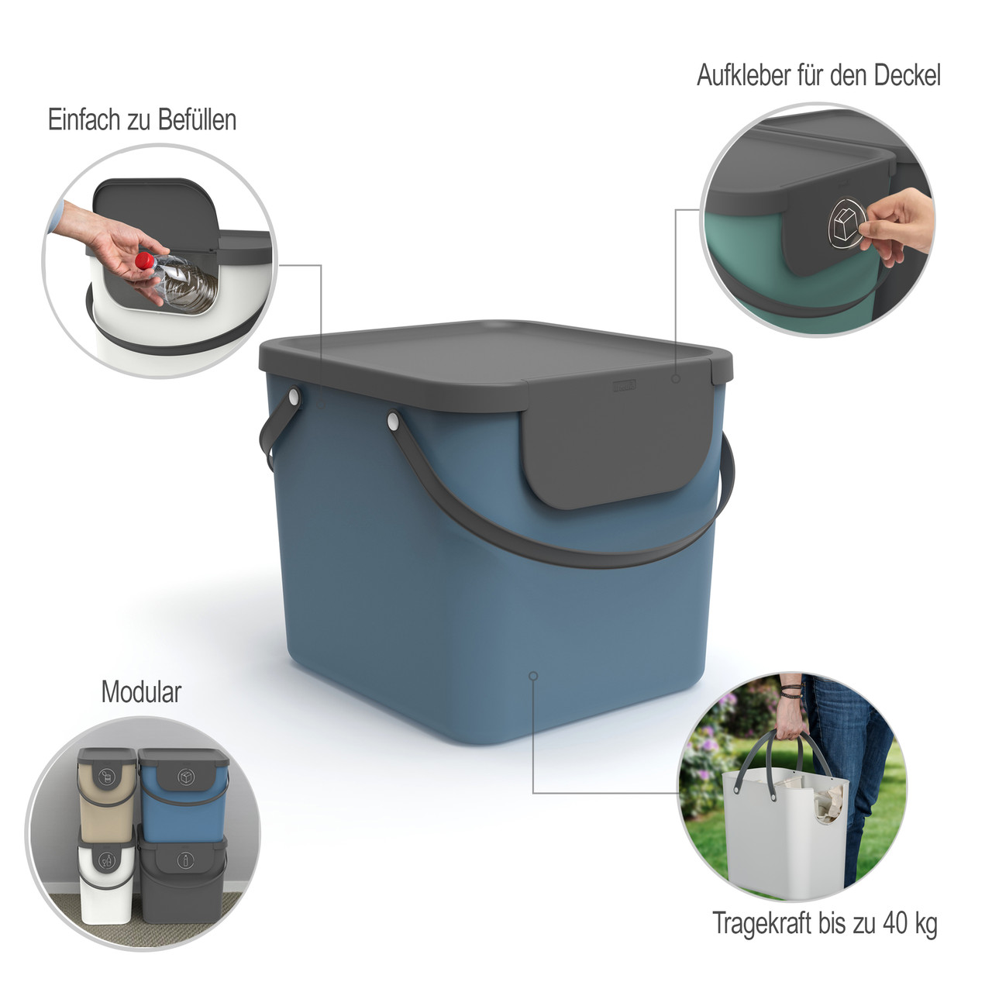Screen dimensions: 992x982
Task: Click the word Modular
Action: [141, 691]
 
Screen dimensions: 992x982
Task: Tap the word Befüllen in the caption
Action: [197, 120]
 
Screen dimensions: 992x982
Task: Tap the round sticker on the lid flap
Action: [846, 225]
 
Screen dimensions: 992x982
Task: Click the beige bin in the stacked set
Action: [107, 791]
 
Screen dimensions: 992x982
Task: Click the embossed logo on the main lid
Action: [624, 386]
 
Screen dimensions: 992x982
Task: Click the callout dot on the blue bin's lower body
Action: [533, 676]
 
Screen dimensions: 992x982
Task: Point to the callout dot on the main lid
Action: [676, 379]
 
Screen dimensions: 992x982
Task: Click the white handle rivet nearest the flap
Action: [393, 419]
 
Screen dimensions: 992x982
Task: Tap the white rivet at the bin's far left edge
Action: [294, 396]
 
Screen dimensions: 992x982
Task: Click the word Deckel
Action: [907, 76]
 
